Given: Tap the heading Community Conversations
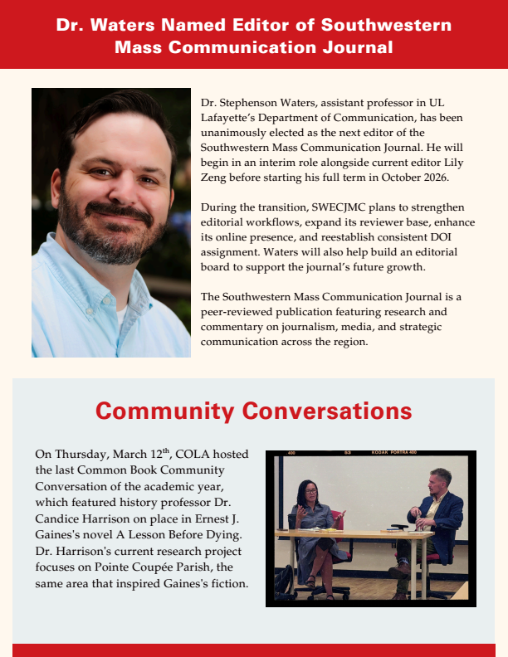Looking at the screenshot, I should point(253,411).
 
